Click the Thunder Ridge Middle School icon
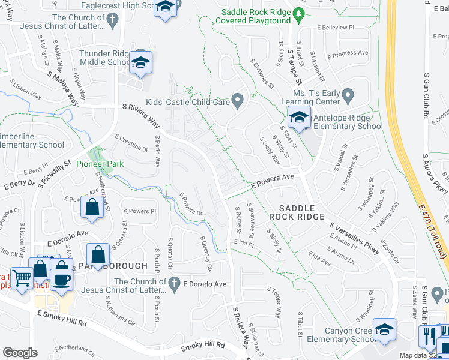(x=140, y=62)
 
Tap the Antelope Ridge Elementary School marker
(x=299, y=117)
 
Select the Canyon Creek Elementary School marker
(x=384, y=329)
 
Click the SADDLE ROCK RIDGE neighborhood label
(x=297, y=211)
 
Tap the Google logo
(x=20, y=353)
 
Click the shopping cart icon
(x=22, y=278)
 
